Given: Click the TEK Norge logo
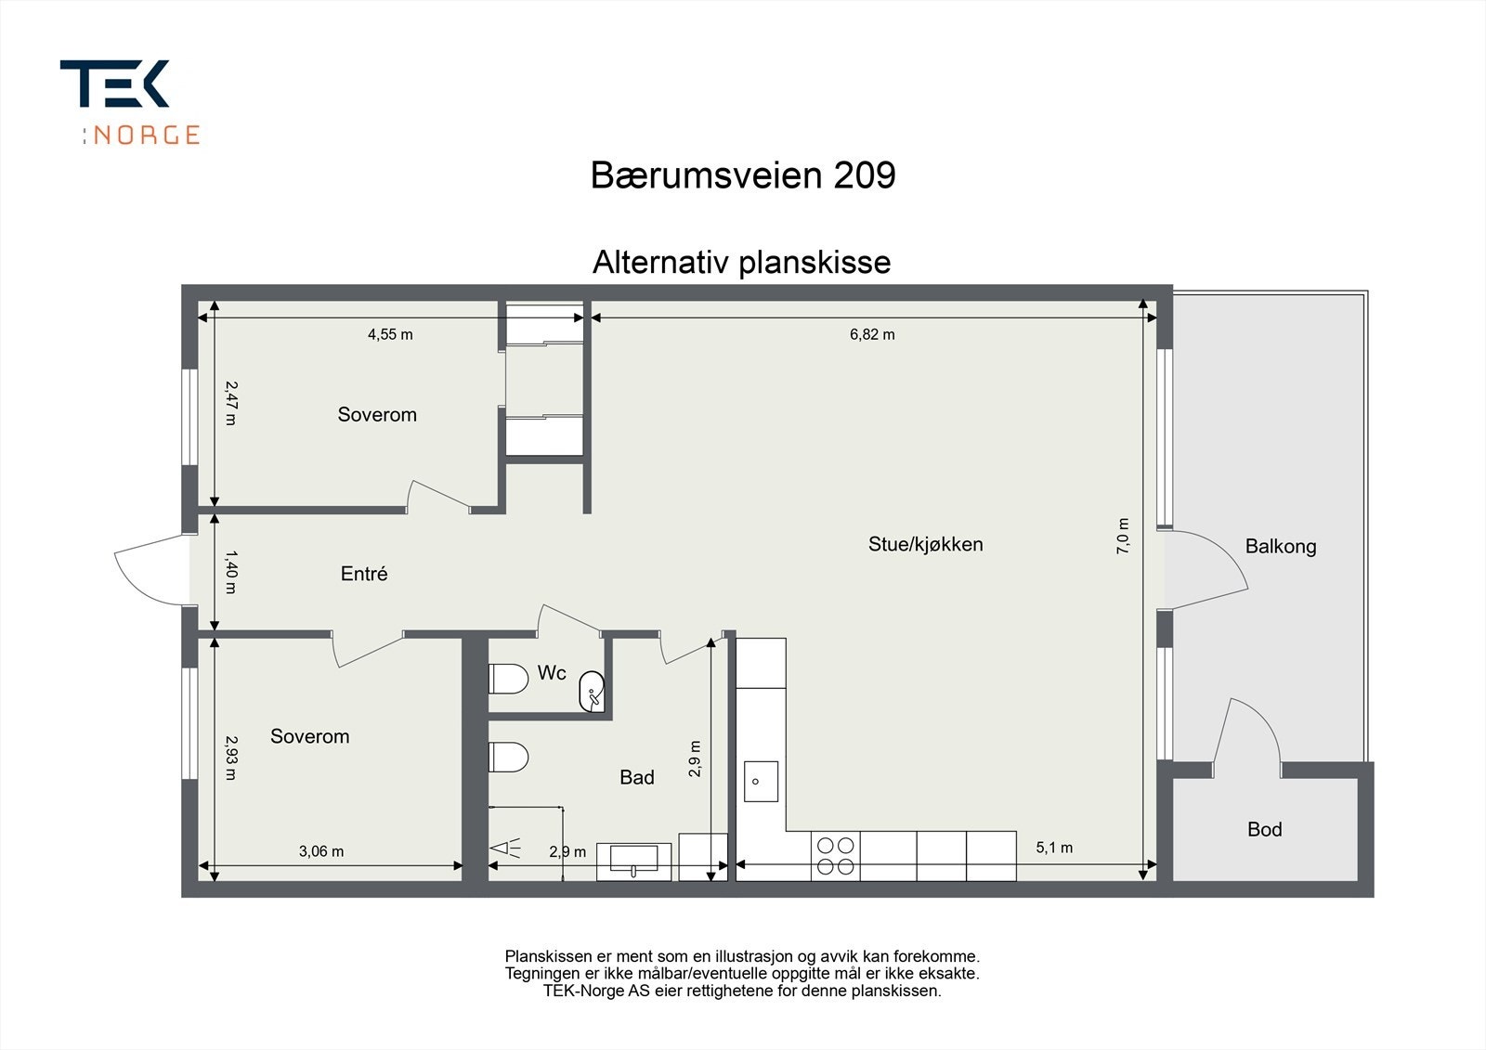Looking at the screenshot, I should (129, 101).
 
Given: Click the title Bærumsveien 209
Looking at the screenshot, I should (742, 175).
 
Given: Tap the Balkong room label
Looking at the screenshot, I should (1281, 547).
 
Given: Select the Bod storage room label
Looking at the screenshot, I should (1264, 830).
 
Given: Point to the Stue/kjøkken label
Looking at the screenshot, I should (925, 544).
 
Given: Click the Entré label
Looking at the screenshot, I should (364, 575).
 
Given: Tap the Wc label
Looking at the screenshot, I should (552, 673).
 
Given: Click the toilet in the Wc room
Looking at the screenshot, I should (508, 679).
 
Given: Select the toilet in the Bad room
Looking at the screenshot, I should (508, 757).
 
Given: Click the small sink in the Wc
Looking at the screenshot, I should (592, 692).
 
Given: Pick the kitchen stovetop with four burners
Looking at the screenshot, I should (835, 856).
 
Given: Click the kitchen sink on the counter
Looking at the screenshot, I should (761, 781).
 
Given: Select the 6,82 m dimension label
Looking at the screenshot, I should (872, 335).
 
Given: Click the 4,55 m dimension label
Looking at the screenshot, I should (390, 335).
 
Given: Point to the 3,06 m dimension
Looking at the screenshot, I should (321, 851).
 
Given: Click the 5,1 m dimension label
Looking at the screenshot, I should (1054, 848).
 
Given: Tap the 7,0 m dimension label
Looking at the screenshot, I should (1123, 537).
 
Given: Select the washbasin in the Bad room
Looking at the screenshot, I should (633, 861).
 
